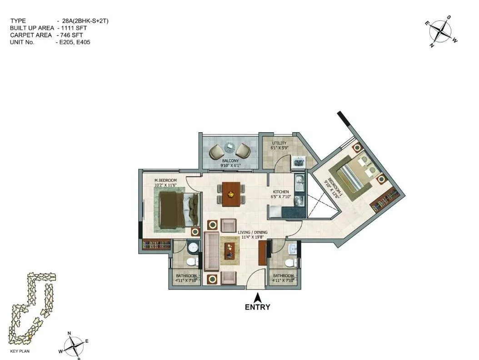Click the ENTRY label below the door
(257, 307)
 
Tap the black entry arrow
(257, 298)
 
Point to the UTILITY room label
(279, 144)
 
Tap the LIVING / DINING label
(253, 232)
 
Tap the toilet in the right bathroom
(289, 262)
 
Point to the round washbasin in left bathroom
(193, 248)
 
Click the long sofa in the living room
(210, 251)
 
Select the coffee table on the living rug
(230, 250)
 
